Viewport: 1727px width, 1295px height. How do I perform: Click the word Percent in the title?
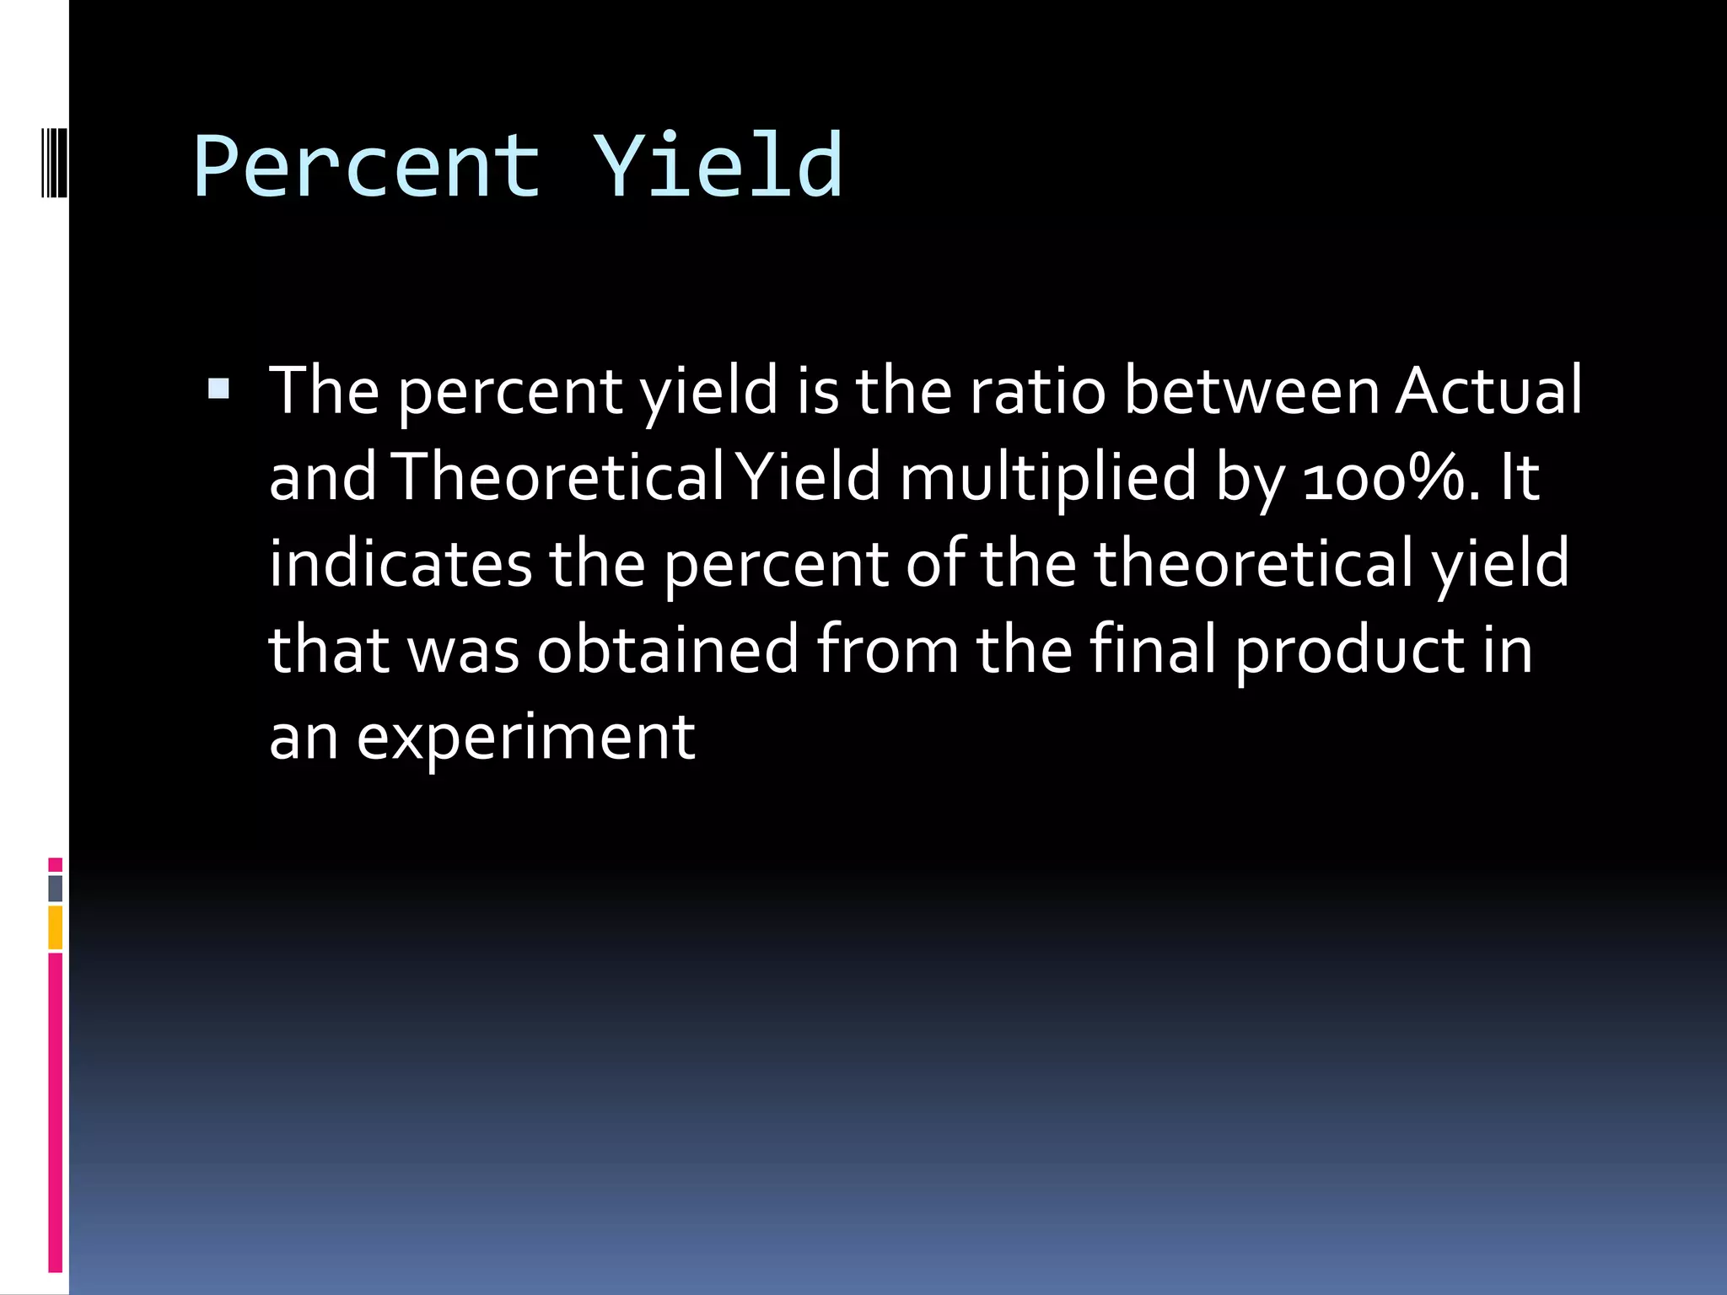pyautogui.click(x=367, y=166)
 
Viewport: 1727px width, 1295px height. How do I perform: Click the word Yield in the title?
pyautogui.click(x=718, y=166)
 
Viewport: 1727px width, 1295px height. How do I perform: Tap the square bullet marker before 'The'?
pyautogui.click(x=218, y=388)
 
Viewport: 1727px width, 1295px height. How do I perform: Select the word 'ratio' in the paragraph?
pyautogui.click(x=1036, y=391)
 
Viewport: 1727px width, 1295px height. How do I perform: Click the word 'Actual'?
pyautogui.click(x=1488, y=391)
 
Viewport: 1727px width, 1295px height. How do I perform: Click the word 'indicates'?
pyautogui.click(x=401, y=564)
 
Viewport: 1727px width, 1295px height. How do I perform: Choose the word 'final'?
pyautogui.click(x=1152, y=650)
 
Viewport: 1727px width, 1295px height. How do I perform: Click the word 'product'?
pyautogui.click(x=1350, y=652)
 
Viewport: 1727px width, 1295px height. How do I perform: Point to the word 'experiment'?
pyautogui.click(x=525, y=738)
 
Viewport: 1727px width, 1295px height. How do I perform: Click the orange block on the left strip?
pyautogui.click(x=55, y=927)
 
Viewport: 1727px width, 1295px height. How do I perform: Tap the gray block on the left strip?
pyautogui.click(x=55, y=888)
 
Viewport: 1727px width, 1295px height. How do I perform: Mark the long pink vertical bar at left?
pyautogui.click(x=55, y=1113)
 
